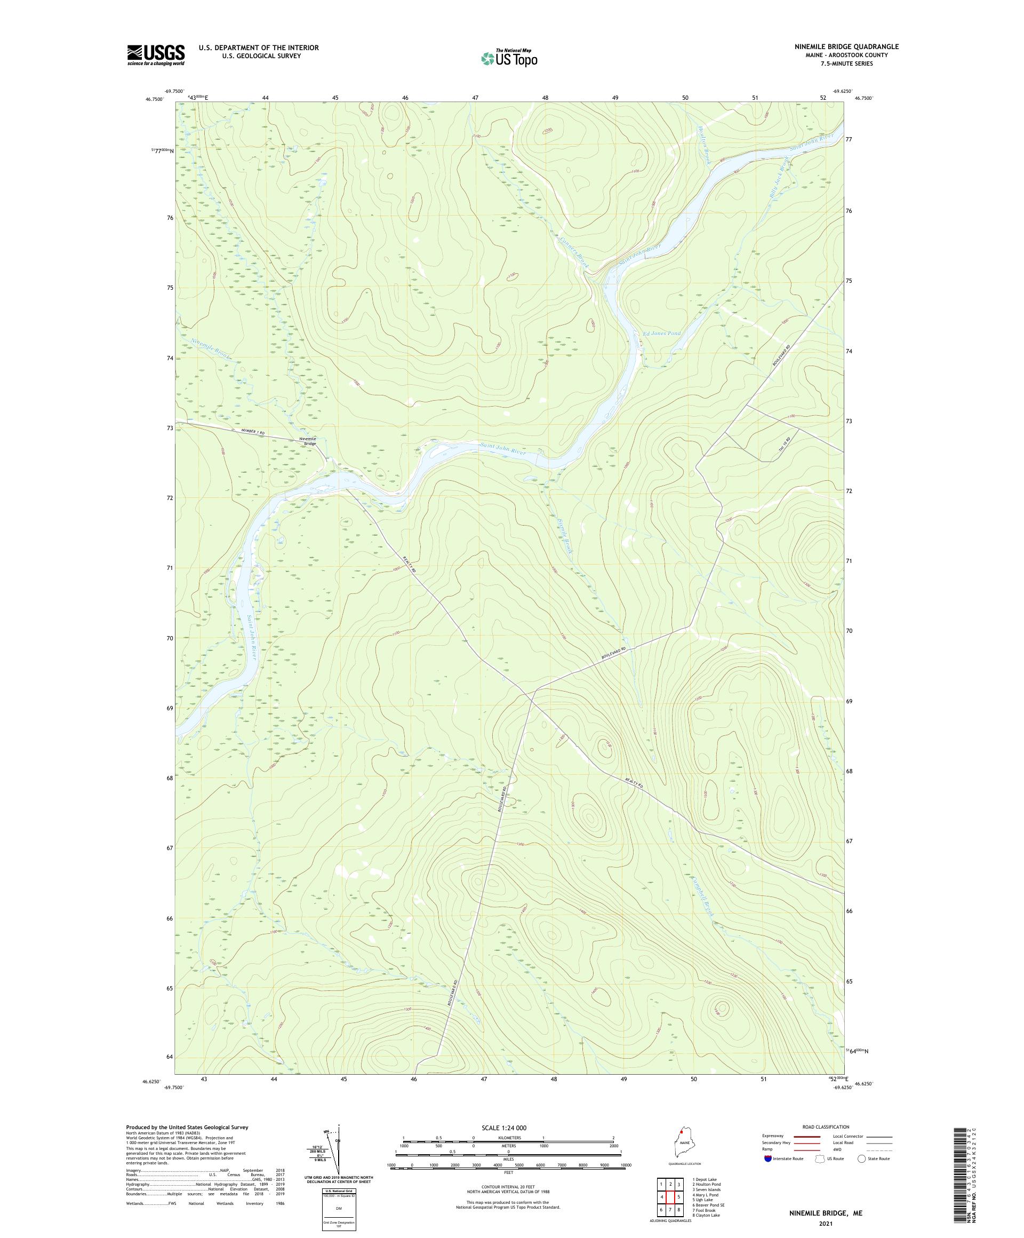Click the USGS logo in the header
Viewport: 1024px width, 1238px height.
156,55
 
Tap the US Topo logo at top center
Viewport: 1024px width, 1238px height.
510,58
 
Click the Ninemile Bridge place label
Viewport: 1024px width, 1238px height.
308,441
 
